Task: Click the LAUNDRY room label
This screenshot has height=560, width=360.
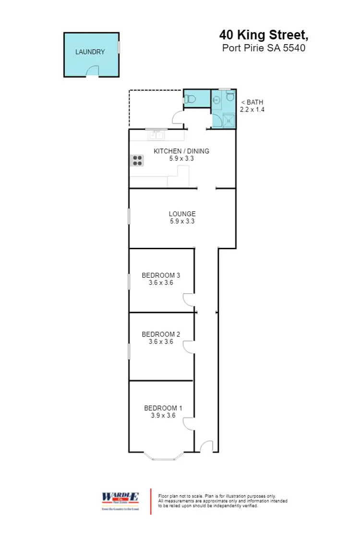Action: pyautogui.click(x=90, y=52)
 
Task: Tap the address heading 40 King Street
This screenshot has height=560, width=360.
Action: pyautogui.click(x=263, y=35)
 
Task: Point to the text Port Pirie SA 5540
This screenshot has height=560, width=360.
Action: pyautogui.click(x=264, y=48)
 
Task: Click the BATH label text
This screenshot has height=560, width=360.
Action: pyautogui.click(x=252, y=102)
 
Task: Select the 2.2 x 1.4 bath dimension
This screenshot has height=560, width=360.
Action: pyautogui.click(x=252, y=110)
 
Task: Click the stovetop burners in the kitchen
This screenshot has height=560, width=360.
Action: pyautogui.click(x=137, y=160)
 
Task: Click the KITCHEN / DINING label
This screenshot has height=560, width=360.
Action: pyautogui.click(x=181, y=151)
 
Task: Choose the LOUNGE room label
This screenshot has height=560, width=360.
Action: pyautogui.click(x=182, y=214)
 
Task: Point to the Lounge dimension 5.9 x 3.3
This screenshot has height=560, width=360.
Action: pyautogui.click(x=182, y=221)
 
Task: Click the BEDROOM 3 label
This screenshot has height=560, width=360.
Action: pyautogui.click(x=161, y=275)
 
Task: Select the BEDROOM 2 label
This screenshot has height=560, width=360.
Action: pyautogui.click(x=161, y=334)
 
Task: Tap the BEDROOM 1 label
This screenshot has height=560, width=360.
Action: pyautogui.click(x=163, y=408)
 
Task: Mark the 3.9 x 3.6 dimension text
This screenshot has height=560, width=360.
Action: pyautogui.click(x=163, y=415)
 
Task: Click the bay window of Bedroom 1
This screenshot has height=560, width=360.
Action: pyautogui.click(x=163, y=457)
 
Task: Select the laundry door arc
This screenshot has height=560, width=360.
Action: pyautogui.click(x=92, y=71)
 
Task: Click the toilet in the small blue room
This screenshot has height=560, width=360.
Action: pyautogui.click(x=191, y=99)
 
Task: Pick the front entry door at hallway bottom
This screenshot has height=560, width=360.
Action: pyautogui.click(x=206, y=447)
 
